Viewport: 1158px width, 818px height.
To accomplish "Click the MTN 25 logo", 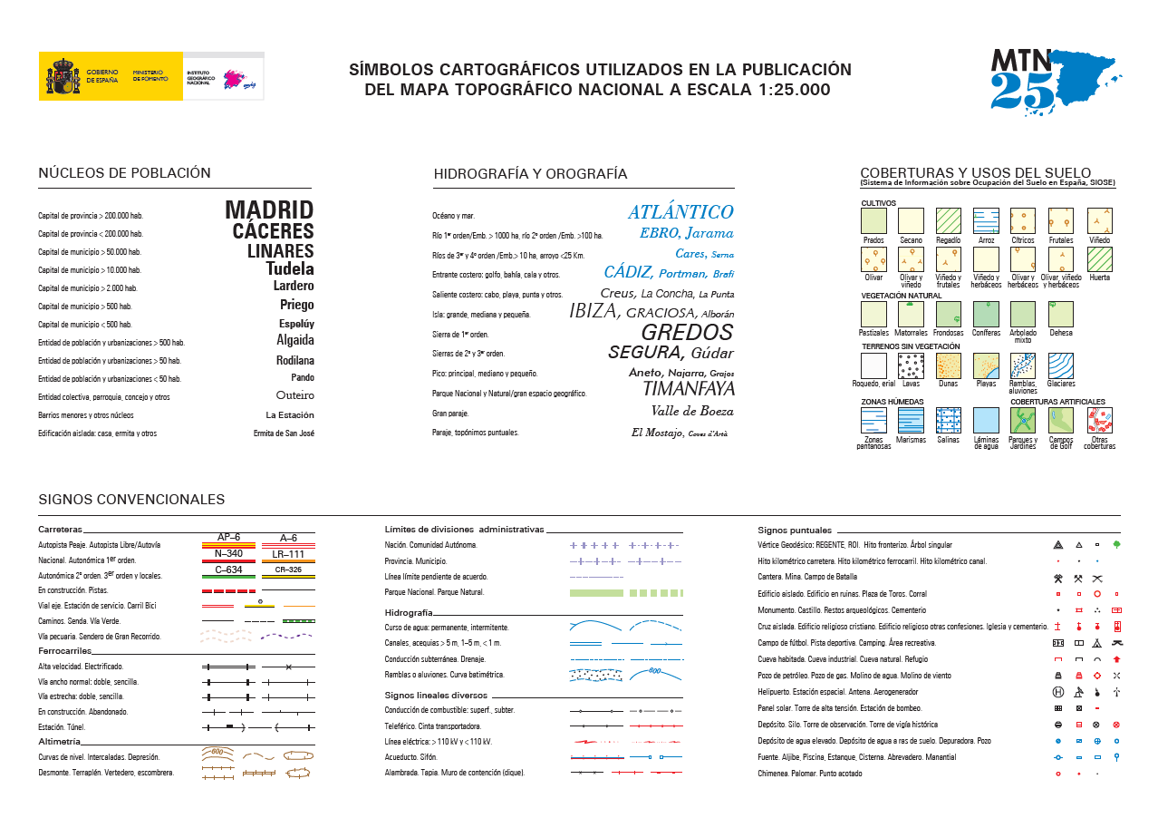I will pos(1054,80).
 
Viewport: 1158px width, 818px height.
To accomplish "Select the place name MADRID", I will pos(269,210).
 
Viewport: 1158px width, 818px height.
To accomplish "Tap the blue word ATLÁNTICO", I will pos(680,212).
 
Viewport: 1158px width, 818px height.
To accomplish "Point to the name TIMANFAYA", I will pos(688,389).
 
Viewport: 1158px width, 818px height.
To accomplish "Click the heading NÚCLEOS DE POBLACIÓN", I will pos(124,173).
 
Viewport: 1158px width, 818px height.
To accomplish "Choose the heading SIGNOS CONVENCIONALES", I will pos(131,500).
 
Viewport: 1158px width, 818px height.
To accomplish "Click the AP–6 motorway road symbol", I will pos(228,541).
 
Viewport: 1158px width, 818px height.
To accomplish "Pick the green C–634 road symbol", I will pos(228,574).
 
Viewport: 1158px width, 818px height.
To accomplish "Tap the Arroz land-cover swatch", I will pos(986,221).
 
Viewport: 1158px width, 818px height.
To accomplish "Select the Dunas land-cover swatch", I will pos(949,365).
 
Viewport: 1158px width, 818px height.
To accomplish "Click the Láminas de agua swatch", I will pos(986,420).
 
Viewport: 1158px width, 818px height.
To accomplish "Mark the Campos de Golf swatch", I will pos(1061,420).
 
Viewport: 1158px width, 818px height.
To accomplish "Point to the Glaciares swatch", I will pos(1061,365).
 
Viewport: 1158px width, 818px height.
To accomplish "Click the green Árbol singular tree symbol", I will pos(1116,545).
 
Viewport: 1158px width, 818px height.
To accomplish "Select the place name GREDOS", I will pos(687,332).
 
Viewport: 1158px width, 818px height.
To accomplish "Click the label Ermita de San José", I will pos(284,433).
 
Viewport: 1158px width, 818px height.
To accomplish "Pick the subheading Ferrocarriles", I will pos(63,651).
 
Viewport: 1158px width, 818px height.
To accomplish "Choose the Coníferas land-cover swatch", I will pos(986,314).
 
